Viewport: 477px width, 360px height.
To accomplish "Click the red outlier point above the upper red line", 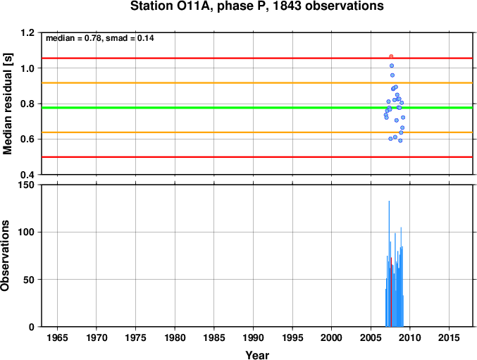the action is tap(391, 56).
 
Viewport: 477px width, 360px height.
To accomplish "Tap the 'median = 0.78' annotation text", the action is tap(73, 38).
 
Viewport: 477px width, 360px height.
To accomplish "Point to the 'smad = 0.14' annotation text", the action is tap(130, 38).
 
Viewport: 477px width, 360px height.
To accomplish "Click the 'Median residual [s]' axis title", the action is tap(7, 104).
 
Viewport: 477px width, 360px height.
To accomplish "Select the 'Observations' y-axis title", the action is tap(5, 256).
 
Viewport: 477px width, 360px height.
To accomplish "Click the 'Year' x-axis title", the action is tap(257, 355).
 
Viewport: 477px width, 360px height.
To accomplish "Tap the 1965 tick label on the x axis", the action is tap(58, 337).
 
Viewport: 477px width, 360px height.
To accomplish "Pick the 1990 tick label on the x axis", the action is tap(254, 337).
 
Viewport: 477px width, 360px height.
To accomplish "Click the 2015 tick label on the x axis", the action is tap(449, 337).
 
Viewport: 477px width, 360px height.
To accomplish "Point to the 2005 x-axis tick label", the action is tap(371, 337).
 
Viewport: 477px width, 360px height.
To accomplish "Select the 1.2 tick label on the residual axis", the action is tap(27, 32).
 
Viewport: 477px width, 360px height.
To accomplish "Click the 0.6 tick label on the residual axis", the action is tap(27, 139).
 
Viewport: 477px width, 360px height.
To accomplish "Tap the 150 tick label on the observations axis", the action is tap(26, 185).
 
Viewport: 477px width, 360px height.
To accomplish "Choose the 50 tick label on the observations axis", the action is tap(29, 280).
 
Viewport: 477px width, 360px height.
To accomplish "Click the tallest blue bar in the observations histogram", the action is tap(389, 264).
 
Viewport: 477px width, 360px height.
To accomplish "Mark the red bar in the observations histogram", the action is tap(391, 292).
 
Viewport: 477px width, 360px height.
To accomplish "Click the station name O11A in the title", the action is tap(194, 6).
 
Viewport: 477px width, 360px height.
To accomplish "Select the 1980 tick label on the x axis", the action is tap(175, 337).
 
